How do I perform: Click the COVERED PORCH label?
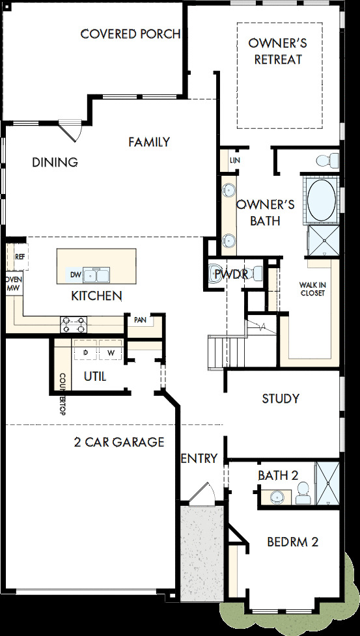131,34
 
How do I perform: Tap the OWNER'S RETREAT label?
278,51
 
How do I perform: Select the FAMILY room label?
149,143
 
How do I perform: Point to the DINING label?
55,163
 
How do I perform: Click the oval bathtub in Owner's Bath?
321,199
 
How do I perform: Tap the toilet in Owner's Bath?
327,160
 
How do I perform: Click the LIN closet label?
235,161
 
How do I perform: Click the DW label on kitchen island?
76,275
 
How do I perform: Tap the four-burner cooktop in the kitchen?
74,324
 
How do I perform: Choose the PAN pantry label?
141,320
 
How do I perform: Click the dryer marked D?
85,352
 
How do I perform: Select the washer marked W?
110,352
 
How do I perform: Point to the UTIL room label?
95,377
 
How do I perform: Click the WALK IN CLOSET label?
312,289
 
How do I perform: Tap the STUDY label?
281,398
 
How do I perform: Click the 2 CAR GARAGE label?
119,442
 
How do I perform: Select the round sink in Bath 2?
277,496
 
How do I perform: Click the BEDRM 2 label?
293,542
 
